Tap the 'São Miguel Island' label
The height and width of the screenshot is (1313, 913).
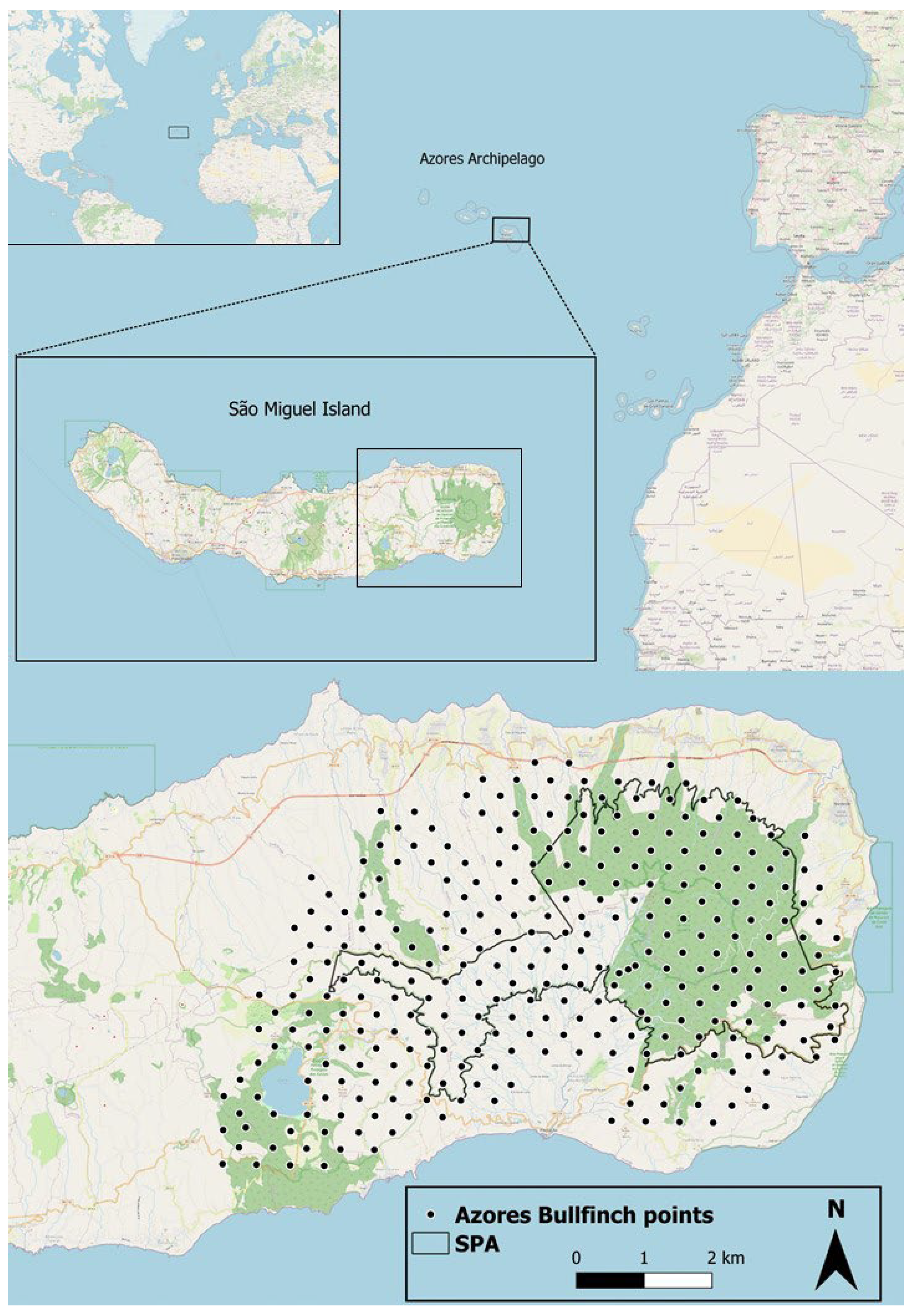[x=299, y=409]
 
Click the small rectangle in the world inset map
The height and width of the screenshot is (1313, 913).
[x=178, y=132]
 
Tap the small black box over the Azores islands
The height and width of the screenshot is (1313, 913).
[x=511, y=229]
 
